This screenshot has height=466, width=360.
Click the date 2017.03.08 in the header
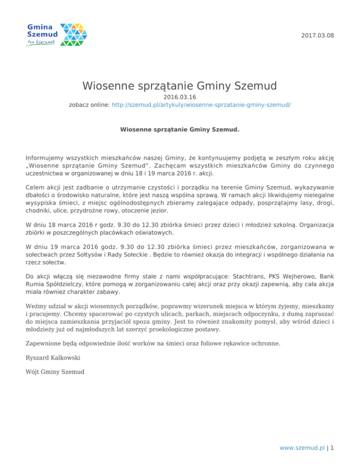(317, 35)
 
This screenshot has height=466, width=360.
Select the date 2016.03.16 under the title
(180, 97)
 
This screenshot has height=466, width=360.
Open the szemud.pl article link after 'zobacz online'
(201, 105)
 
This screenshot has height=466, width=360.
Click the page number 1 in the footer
(332, 447)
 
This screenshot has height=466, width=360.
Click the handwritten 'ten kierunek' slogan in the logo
(42, 42)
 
